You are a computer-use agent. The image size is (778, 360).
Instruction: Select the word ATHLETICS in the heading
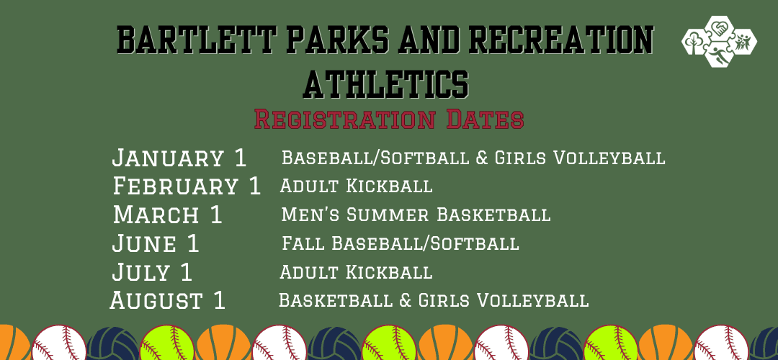pos(386,83)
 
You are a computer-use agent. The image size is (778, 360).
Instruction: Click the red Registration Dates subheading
pos(389,119)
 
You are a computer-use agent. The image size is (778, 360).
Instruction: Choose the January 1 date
pos(179,157)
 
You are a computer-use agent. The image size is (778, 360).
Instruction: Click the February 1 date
pos(187,186)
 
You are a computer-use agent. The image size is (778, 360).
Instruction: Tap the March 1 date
pos(168,215)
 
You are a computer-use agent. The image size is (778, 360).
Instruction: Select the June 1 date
pos(156,243)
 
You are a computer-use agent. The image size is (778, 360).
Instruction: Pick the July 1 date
pos(153,272)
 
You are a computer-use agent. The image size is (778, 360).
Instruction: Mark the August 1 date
pos(168,300)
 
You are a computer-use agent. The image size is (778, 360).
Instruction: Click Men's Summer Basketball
pos(416,215)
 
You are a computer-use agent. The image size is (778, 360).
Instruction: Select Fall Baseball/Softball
pos(400,243)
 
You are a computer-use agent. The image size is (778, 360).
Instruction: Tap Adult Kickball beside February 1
pos(356,186)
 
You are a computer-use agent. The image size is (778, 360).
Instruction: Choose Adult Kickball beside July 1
pos(356,272)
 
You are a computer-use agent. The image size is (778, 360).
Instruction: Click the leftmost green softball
pos(167,344)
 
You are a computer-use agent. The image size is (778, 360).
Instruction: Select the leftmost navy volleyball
pos(112,344)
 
